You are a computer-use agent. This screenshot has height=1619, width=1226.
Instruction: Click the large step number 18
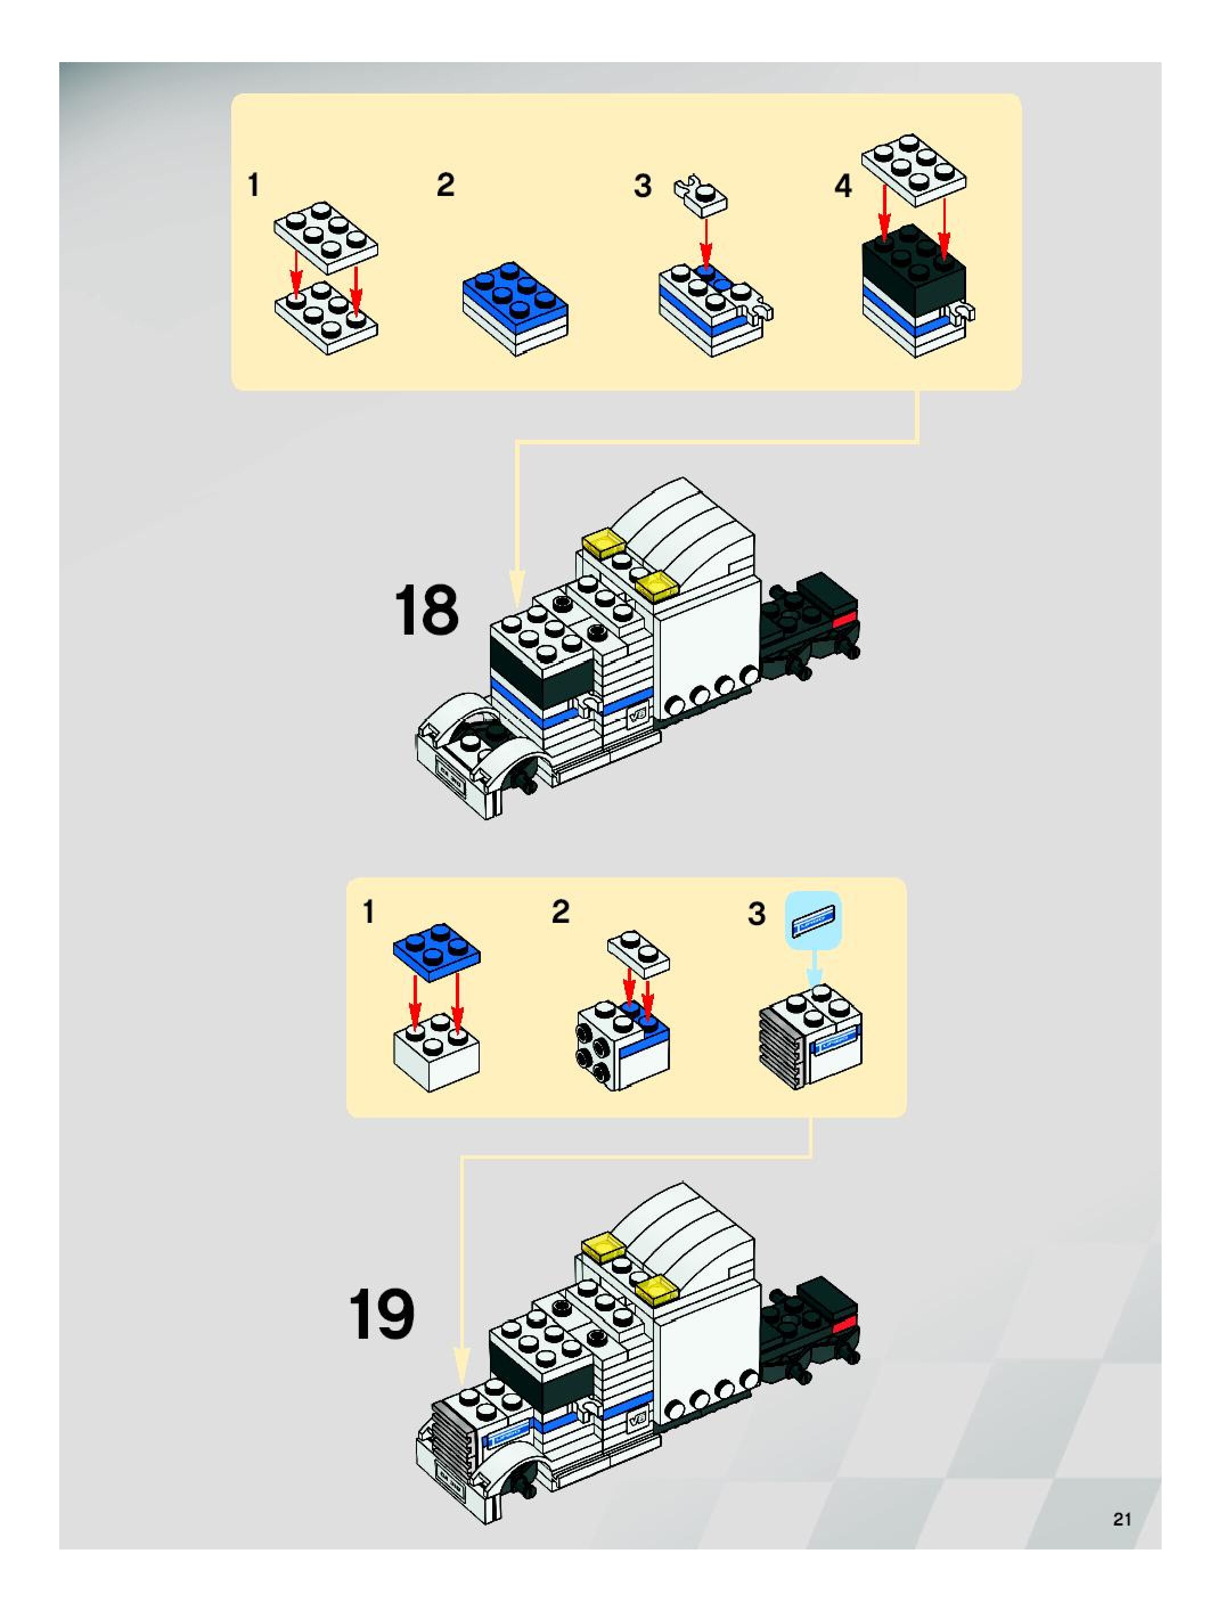click(x=426, y=611)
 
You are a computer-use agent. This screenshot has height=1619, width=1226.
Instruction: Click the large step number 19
click(x=381, y=1315)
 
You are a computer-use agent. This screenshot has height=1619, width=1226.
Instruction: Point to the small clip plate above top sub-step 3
click(x=701, y=194)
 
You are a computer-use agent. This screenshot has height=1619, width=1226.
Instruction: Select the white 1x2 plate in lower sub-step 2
click(x=638, y=952)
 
